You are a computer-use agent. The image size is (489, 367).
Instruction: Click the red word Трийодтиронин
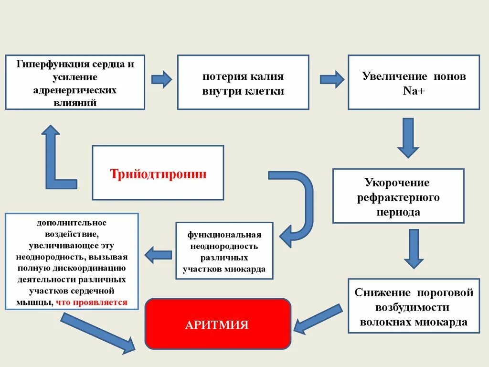158,173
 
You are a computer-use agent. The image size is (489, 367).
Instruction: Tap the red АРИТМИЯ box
217,325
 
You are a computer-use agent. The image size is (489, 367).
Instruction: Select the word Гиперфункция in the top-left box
45,64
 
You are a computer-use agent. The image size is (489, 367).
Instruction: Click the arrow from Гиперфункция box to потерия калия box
161,79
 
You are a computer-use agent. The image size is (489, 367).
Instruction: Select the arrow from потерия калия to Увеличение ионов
331,79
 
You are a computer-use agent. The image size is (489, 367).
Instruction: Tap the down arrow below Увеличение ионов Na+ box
408,138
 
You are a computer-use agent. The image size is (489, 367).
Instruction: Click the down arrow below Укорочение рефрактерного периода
414,248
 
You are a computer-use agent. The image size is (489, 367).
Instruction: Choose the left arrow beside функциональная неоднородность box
158,254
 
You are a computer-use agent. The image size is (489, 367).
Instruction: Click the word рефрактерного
398,197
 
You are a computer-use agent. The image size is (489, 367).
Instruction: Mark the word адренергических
75,90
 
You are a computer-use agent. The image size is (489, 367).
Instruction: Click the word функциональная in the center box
224,235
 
